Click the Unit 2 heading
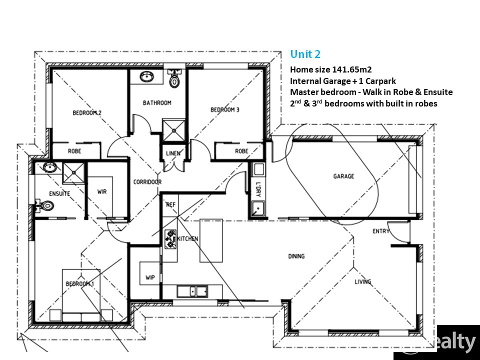click(x=305, y=54)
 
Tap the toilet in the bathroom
click(x=174, y=78)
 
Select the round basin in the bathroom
click(x=148, y=77)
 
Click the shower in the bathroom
click(x=173, y=130)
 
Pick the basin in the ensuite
click(x=49, y=167)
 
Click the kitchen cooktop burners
click(x=170, y=239)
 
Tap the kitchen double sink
click(x=192, y=291)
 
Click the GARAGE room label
click(x=343, y=176)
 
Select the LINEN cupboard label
click(x=173, y=153)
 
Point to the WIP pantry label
click(x=150, y=277)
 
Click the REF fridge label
click(x=171, y=204)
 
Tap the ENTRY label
click(x=381, y=231)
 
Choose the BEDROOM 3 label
click(x=225, y=109)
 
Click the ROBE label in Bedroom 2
click(x=74, y=151)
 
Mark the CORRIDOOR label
click(x=147, y=182)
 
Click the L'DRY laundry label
click(x=258, y=189)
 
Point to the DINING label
click(x=296, y=256)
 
